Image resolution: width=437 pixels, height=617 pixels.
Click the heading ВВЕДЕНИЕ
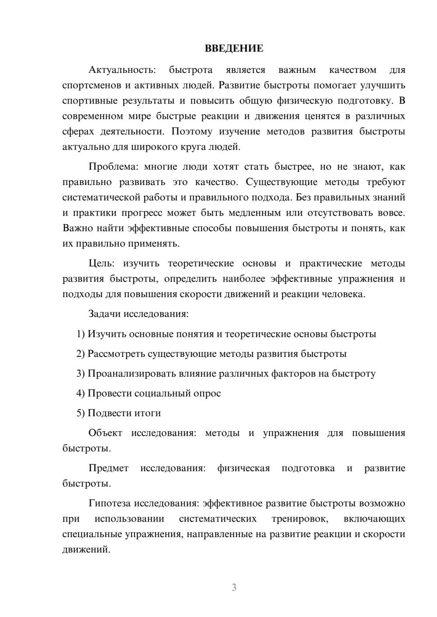click(234, 48)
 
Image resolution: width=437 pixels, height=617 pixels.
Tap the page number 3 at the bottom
click(234, 587)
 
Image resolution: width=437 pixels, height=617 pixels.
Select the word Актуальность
click(122, 70)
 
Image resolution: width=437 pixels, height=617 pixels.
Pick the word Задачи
click(105, 314)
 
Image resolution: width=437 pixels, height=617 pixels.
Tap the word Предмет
click(108, 468)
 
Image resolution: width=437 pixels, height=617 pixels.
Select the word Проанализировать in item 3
click(132, 374)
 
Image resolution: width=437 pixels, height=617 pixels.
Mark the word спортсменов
click(91, 86)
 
